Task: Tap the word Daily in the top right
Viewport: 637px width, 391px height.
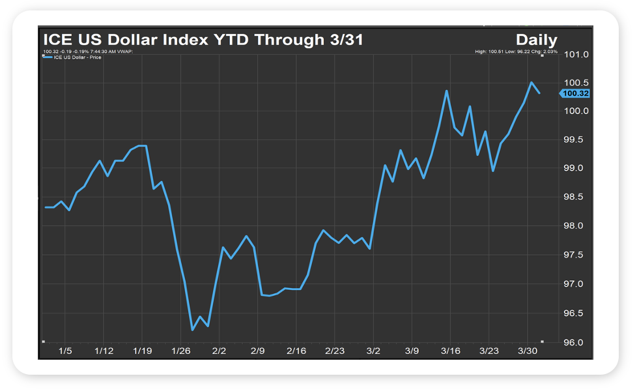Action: pyautogui.click(x=536, y=40)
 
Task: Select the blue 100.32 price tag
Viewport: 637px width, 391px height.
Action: pyautogui.click(x=574, y=93)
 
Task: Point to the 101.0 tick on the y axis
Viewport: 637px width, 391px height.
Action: pyautogui.click(x=576, y=54)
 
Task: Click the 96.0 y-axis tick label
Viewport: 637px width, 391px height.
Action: pyautogui.click(x=576, y=342)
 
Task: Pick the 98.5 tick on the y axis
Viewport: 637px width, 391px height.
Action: pyautogui.click(x=576, y=197)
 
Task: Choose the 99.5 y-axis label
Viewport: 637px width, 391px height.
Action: pyautogui.click(x=576, y=139)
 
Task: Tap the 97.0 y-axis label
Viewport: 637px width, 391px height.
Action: pyautogui.click(x=576, y=284)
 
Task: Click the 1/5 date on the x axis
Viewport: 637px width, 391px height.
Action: pyautogui.click(x=65, y=351)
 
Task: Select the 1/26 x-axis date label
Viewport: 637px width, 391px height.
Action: pyautogui.click(x=180, y=351)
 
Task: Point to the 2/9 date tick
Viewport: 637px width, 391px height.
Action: pyautogui.click(x=258, y=351)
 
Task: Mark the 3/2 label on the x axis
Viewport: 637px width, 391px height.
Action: pyautogui.click(x=373, y=351)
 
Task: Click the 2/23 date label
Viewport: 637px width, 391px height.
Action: pyautogui.click(x=335, y=351)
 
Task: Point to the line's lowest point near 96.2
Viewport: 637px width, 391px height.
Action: pyautogui.click(x=192, y=330)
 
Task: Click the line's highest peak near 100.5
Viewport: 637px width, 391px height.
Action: pyautogui.click(x=531, y=83)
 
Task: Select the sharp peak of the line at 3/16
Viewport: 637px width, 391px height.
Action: pyautogui.click(x=447, y=91)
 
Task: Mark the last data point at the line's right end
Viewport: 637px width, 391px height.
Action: pyautogui.click(x=539, y=93)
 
